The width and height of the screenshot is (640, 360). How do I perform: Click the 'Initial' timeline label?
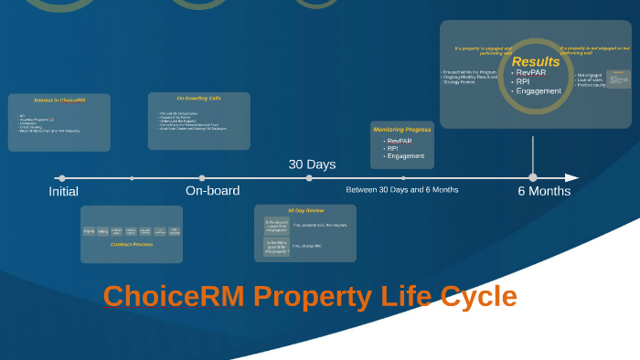pyautogui.click(x=63, y=192)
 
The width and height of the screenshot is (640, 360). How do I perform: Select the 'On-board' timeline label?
pyautogui.click(x=212, y=191)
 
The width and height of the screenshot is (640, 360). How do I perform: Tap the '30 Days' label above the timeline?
pyautogui.click(x=312, y=164)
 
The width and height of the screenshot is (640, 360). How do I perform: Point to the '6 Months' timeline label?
pyautogui.click(x=544, y=191)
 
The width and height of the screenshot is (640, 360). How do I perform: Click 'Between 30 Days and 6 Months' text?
pyautogui.click(x=401, y=190)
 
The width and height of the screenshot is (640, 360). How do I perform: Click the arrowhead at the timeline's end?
pyautogui.click(x=571, y=178)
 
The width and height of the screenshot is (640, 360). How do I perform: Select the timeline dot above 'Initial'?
pyautogui.click(x=61, y=178)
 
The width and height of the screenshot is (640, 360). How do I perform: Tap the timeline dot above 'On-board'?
pyautogui.click(x=202, y=178)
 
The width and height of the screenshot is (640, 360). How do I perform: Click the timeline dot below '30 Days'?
pyautogui.click(x=309, y=178)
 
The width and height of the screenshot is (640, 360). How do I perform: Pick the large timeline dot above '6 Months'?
pyautogui.click(x=533, y=177)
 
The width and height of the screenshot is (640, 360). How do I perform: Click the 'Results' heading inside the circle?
pyautogui.click(x=536, y=62)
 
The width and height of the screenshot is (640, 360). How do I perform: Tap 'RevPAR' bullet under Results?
pyautogui.click(x=531, y=73)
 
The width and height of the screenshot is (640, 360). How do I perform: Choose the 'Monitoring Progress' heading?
pyautogui.click(x=401, y=130)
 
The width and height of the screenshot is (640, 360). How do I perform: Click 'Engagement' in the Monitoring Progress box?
pyautogui.click(x=405, y=156)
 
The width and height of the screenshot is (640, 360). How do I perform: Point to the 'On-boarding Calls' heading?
pyautogui.click(x=198, y=98)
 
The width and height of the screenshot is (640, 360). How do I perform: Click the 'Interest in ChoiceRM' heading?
pyautogui.click(x=59, y=100)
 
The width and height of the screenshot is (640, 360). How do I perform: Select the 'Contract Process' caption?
pyautogui.click(x=131, y=245)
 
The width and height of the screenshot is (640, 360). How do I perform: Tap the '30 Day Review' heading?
pyautogui.click(x=306, y=210)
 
